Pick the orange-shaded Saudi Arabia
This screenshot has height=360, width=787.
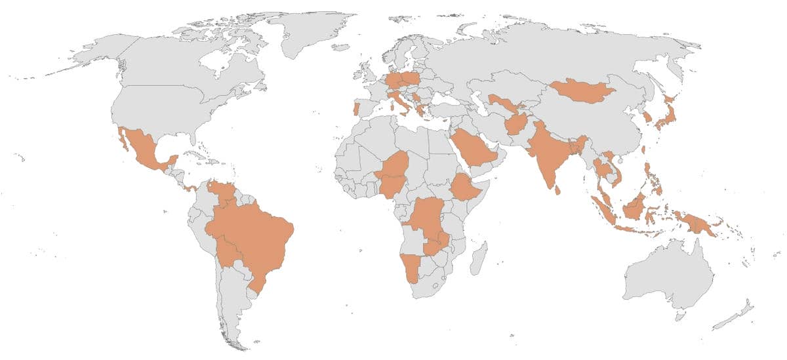pos(472,148)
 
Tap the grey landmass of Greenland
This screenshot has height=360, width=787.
pos(308,33)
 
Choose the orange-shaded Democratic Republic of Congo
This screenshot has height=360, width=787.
pos(426,216)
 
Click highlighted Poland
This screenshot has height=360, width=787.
pos(411,79)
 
